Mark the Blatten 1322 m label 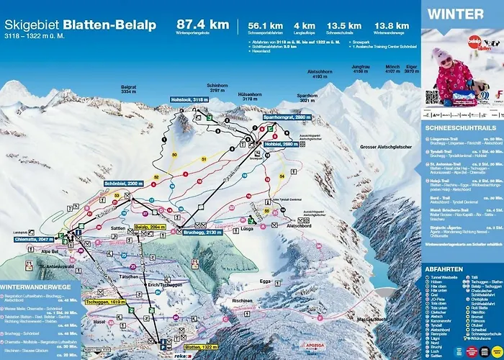pos(181,346)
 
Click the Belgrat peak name pos(129,89)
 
